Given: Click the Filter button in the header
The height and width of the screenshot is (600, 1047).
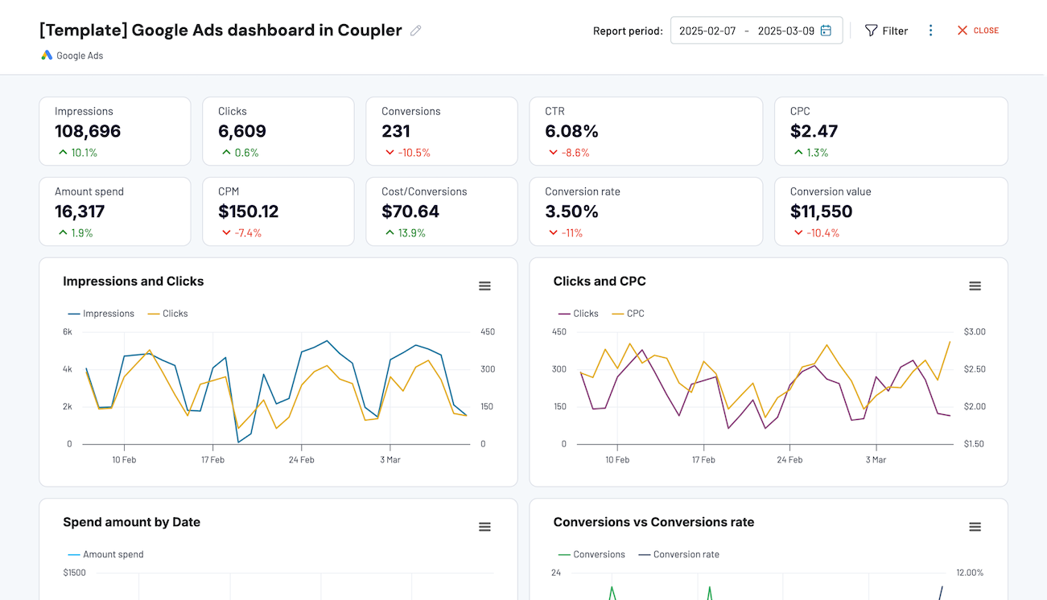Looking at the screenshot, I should tap(886, 31).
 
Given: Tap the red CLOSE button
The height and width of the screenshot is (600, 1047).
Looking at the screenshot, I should tap(978, 31).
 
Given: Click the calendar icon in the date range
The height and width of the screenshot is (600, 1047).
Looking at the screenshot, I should tap(826, 31).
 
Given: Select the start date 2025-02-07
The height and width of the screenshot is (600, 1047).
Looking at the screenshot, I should tap(707, 31).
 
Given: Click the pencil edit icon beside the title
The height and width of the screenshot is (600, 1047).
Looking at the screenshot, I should tap(415, 31).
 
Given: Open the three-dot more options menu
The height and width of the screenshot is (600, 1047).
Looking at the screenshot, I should tap(931, 31).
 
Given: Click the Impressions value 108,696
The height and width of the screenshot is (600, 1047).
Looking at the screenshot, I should tap(88, 131).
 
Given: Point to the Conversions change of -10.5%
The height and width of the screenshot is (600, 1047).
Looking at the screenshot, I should tap(414, 153).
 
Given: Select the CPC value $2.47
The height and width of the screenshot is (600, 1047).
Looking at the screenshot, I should tap(814, 131).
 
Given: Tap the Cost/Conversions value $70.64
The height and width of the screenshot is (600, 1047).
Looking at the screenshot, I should tap(410, 212).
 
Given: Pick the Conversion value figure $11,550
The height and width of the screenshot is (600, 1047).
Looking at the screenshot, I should tap(821, 212).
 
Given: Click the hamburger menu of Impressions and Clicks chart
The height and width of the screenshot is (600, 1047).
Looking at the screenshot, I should tap(484, 286).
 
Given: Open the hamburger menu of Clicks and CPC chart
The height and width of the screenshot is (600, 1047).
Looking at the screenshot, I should tap(975, 286).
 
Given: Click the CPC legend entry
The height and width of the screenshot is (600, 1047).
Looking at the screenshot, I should tap(635, 314).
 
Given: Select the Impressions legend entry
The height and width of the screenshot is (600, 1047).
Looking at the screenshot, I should tap(108, 314).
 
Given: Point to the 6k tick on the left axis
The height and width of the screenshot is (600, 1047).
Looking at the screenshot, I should tap(68, 332).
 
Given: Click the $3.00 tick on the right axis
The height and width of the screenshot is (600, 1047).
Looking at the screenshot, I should tap(974, 332).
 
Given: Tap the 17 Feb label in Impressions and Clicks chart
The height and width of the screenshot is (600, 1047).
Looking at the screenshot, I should tap(212, 460).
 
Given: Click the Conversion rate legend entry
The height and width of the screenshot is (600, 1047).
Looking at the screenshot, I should tap(686, 554).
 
